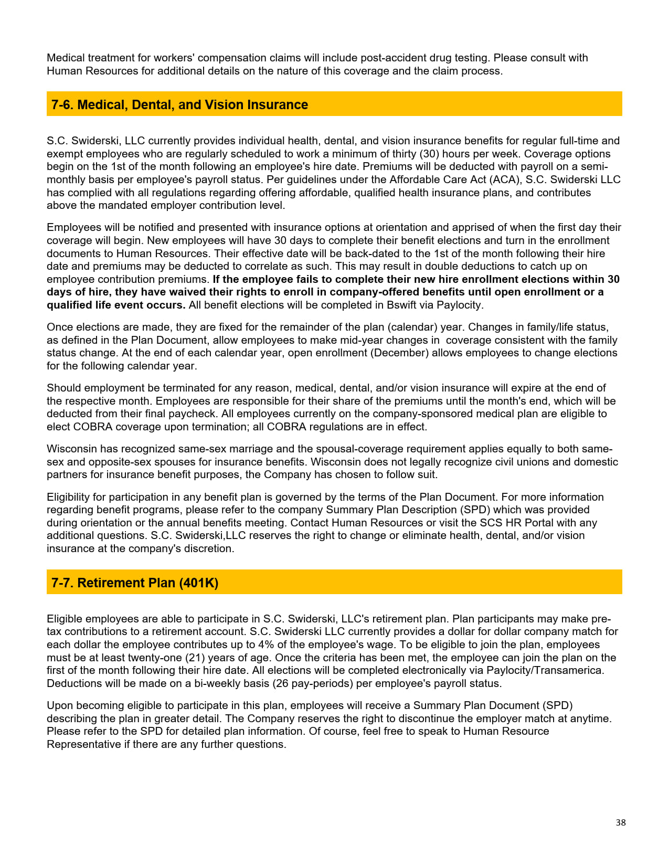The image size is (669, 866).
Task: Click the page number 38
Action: tap(620, 822)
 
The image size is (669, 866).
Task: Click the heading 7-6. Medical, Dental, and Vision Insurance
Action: tap(179, 104)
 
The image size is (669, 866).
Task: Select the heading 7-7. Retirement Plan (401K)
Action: tap(135, 583)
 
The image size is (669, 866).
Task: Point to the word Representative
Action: tap(83, 744)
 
